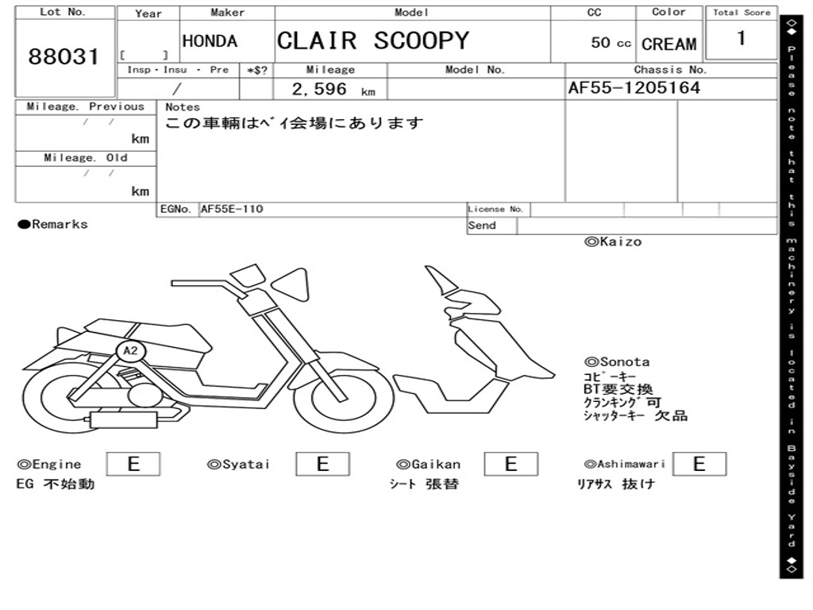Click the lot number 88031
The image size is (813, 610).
[x=64, y=57]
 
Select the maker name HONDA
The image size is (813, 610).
[x=210, y=41]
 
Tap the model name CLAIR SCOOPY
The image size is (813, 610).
[x=372, y=41]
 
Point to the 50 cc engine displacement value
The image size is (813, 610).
[x=611, y=43]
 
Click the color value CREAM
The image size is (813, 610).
[x=669, y=44]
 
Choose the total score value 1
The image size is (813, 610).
[x=741, y=38]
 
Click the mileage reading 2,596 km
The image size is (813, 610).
[x=333, y=90]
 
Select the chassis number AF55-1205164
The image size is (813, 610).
[x=634, y=88]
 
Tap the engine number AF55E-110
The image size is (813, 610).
[x=232, y=210]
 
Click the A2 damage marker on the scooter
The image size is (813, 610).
[x=130, y=350]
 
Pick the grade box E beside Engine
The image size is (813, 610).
[x=133, y=464]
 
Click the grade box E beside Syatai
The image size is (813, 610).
[x=322, y=464]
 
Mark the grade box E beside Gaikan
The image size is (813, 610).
[x=511, y=464]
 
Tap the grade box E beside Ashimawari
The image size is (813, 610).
[x=699, y=464]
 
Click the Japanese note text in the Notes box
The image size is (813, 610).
[x=294, y=124]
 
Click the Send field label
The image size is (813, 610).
[x=482, y=226]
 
